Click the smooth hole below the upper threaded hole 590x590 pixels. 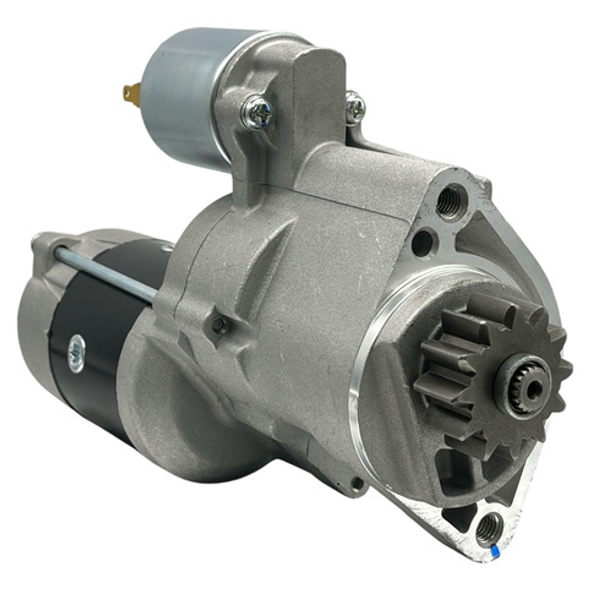[423, 242]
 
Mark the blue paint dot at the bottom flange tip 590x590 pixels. [494, 548]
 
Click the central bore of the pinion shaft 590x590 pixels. [533, 389]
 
